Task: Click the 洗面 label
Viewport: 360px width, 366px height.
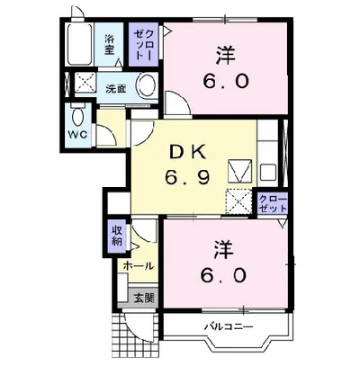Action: click(x=114, y=89)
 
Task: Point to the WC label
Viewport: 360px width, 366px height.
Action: click(x=76, y=138)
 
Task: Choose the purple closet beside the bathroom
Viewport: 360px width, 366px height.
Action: click(x=142, y=42)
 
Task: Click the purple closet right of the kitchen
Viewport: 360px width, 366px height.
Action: click(x=273, y=202)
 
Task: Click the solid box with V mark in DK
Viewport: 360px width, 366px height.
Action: click(x=239, y=169)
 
